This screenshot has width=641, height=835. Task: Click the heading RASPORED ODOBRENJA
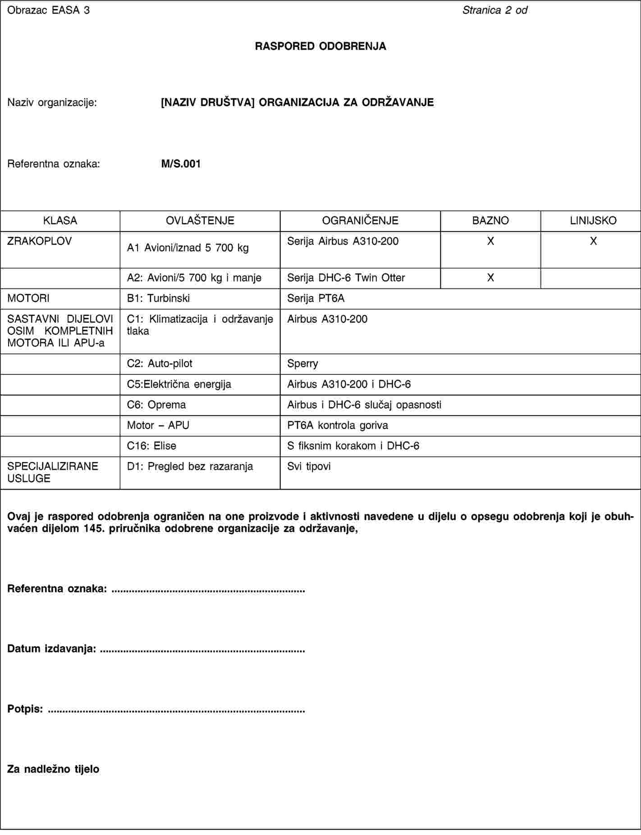point(320,46)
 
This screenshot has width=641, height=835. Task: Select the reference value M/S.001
point(181,164)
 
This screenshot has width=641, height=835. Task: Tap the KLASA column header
point(60,221)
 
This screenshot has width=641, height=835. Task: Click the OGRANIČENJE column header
point(360,221)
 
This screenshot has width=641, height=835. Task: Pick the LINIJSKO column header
point(593,221)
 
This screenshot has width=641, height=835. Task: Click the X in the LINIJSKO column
point(593,241)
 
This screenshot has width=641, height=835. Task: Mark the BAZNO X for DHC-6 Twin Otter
point(490,278)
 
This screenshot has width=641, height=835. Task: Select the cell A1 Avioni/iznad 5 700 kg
point(188,248)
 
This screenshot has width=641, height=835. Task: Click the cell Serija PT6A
point(316,298)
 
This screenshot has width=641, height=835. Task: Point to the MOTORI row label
point(28,298)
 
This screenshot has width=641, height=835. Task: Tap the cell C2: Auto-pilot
point(160,364)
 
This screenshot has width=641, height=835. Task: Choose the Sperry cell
point(302,364)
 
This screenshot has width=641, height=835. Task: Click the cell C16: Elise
point(151,446)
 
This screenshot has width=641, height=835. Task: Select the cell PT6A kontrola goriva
point(337,425)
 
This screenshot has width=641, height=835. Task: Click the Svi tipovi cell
point(309,466)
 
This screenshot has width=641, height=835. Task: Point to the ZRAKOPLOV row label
point(39,241)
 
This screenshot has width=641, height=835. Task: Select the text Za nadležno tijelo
point(53,769)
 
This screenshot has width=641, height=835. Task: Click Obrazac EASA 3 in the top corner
point(48,9)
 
